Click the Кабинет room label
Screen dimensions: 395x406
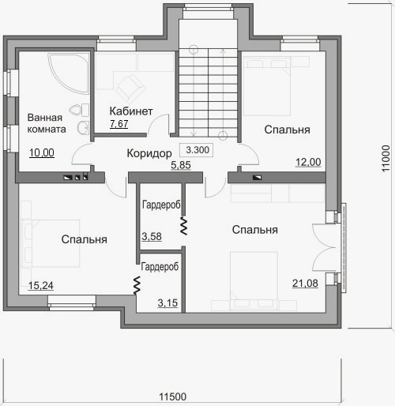(x=131, y=111)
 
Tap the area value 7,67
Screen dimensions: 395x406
(x=119, y=123)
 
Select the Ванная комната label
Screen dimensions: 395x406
(x=47, y=123)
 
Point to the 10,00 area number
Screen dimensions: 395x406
(x=42, y=152)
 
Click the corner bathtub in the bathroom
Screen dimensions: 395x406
(x=69, y=73)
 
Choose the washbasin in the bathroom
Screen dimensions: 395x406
(x=83, y=128)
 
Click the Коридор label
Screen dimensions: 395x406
(x=149, y=153)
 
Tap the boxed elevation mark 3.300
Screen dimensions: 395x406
(x=197, y=150)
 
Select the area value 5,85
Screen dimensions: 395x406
(x=181, y=165)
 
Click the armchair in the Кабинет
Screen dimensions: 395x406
(x=131, y=88)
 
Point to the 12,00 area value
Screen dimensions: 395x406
(x=308, y=162)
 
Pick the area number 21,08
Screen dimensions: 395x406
(x=305, y=284)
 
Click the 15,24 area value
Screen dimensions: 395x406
(x=41, y=285)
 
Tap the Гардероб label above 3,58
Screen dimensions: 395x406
(x=161, y=205)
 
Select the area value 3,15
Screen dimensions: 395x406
(x=167, y=303)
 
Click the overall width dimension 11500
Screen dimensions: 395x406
(x=173, y=397)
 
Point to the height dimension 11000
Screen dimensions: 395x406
(x=386, y=158)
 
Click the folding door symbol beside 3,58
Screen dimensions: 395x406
(x=183, y=226)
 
